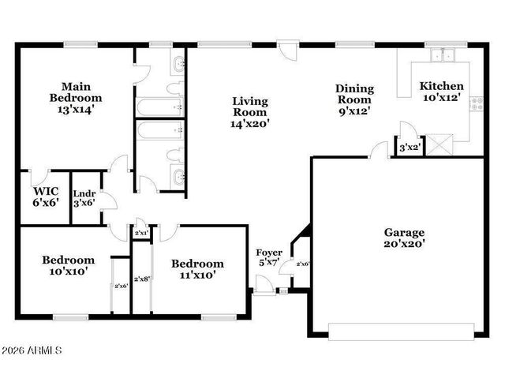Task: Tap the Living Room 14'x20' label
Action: click(x=250, y=112)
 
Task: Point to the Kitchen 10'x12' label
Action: click(x=441, y=92)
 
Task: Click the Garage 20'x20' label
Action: click(x=404, y=238)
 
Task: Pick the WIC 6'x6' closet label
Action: click(x=44, y=197)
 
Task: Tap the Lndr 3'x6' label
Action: click(x=84, y=198)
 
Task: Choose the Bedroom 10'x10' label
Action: click(x=68, y=265)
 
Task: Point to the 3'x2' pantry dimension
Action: click(x=408, y=148)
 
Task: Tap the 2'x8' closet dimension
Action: click(x=142, y=279)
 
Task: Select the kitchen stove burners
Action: click(x=477, y=101)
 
